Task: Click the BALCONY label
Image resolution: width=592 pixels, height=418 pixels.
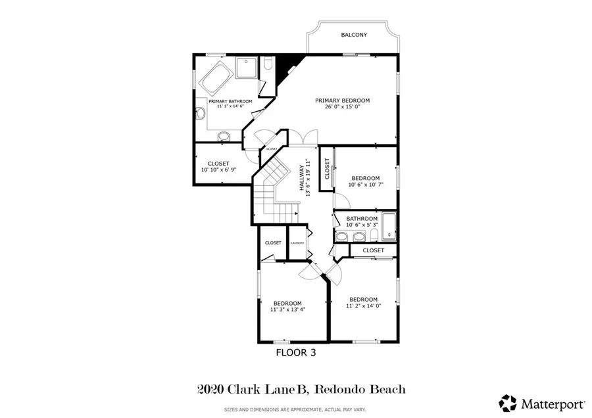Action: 354,35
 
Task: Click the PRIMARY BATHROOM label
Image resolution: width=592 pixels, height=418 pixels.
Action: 226,101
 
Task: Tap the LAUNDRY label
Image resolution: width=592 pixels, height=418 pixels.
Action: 297,243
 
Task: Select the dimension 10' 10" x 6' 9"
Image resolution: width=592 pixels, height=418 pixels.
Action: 218,170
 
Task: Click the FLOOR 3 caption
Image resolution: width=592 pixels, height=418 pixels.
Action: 295,353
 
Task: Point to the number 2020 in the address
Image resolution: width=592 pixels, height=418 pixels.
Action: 210,389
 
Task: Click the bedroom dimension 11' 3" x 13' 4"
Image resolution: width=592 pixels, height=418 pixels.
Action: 287,310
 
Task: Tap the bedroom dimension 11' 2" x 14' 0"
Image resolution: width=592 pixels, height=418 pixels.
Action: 364,306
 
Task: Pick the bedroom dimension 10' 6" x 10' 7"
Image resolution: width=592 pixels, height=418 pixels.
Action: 365,185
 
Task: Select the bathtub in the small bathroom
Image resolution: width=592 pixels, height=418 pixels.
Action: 389,226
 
